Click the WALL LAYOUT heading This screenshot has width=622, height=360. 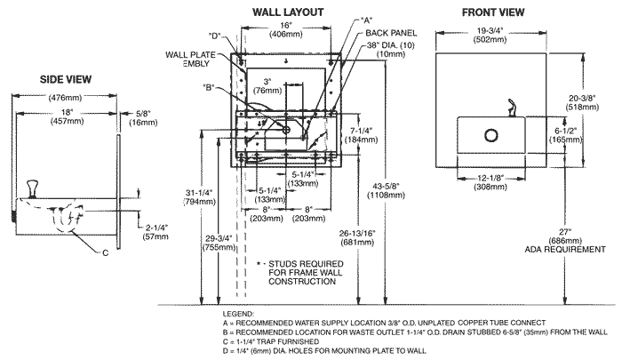point(286,12)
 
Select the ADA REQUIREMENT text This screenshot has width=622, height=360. point(579,251)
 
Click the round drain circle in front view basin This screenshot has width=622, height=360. point(489,136)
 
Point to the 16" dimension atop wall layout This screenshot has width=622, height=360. point(285,27)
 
